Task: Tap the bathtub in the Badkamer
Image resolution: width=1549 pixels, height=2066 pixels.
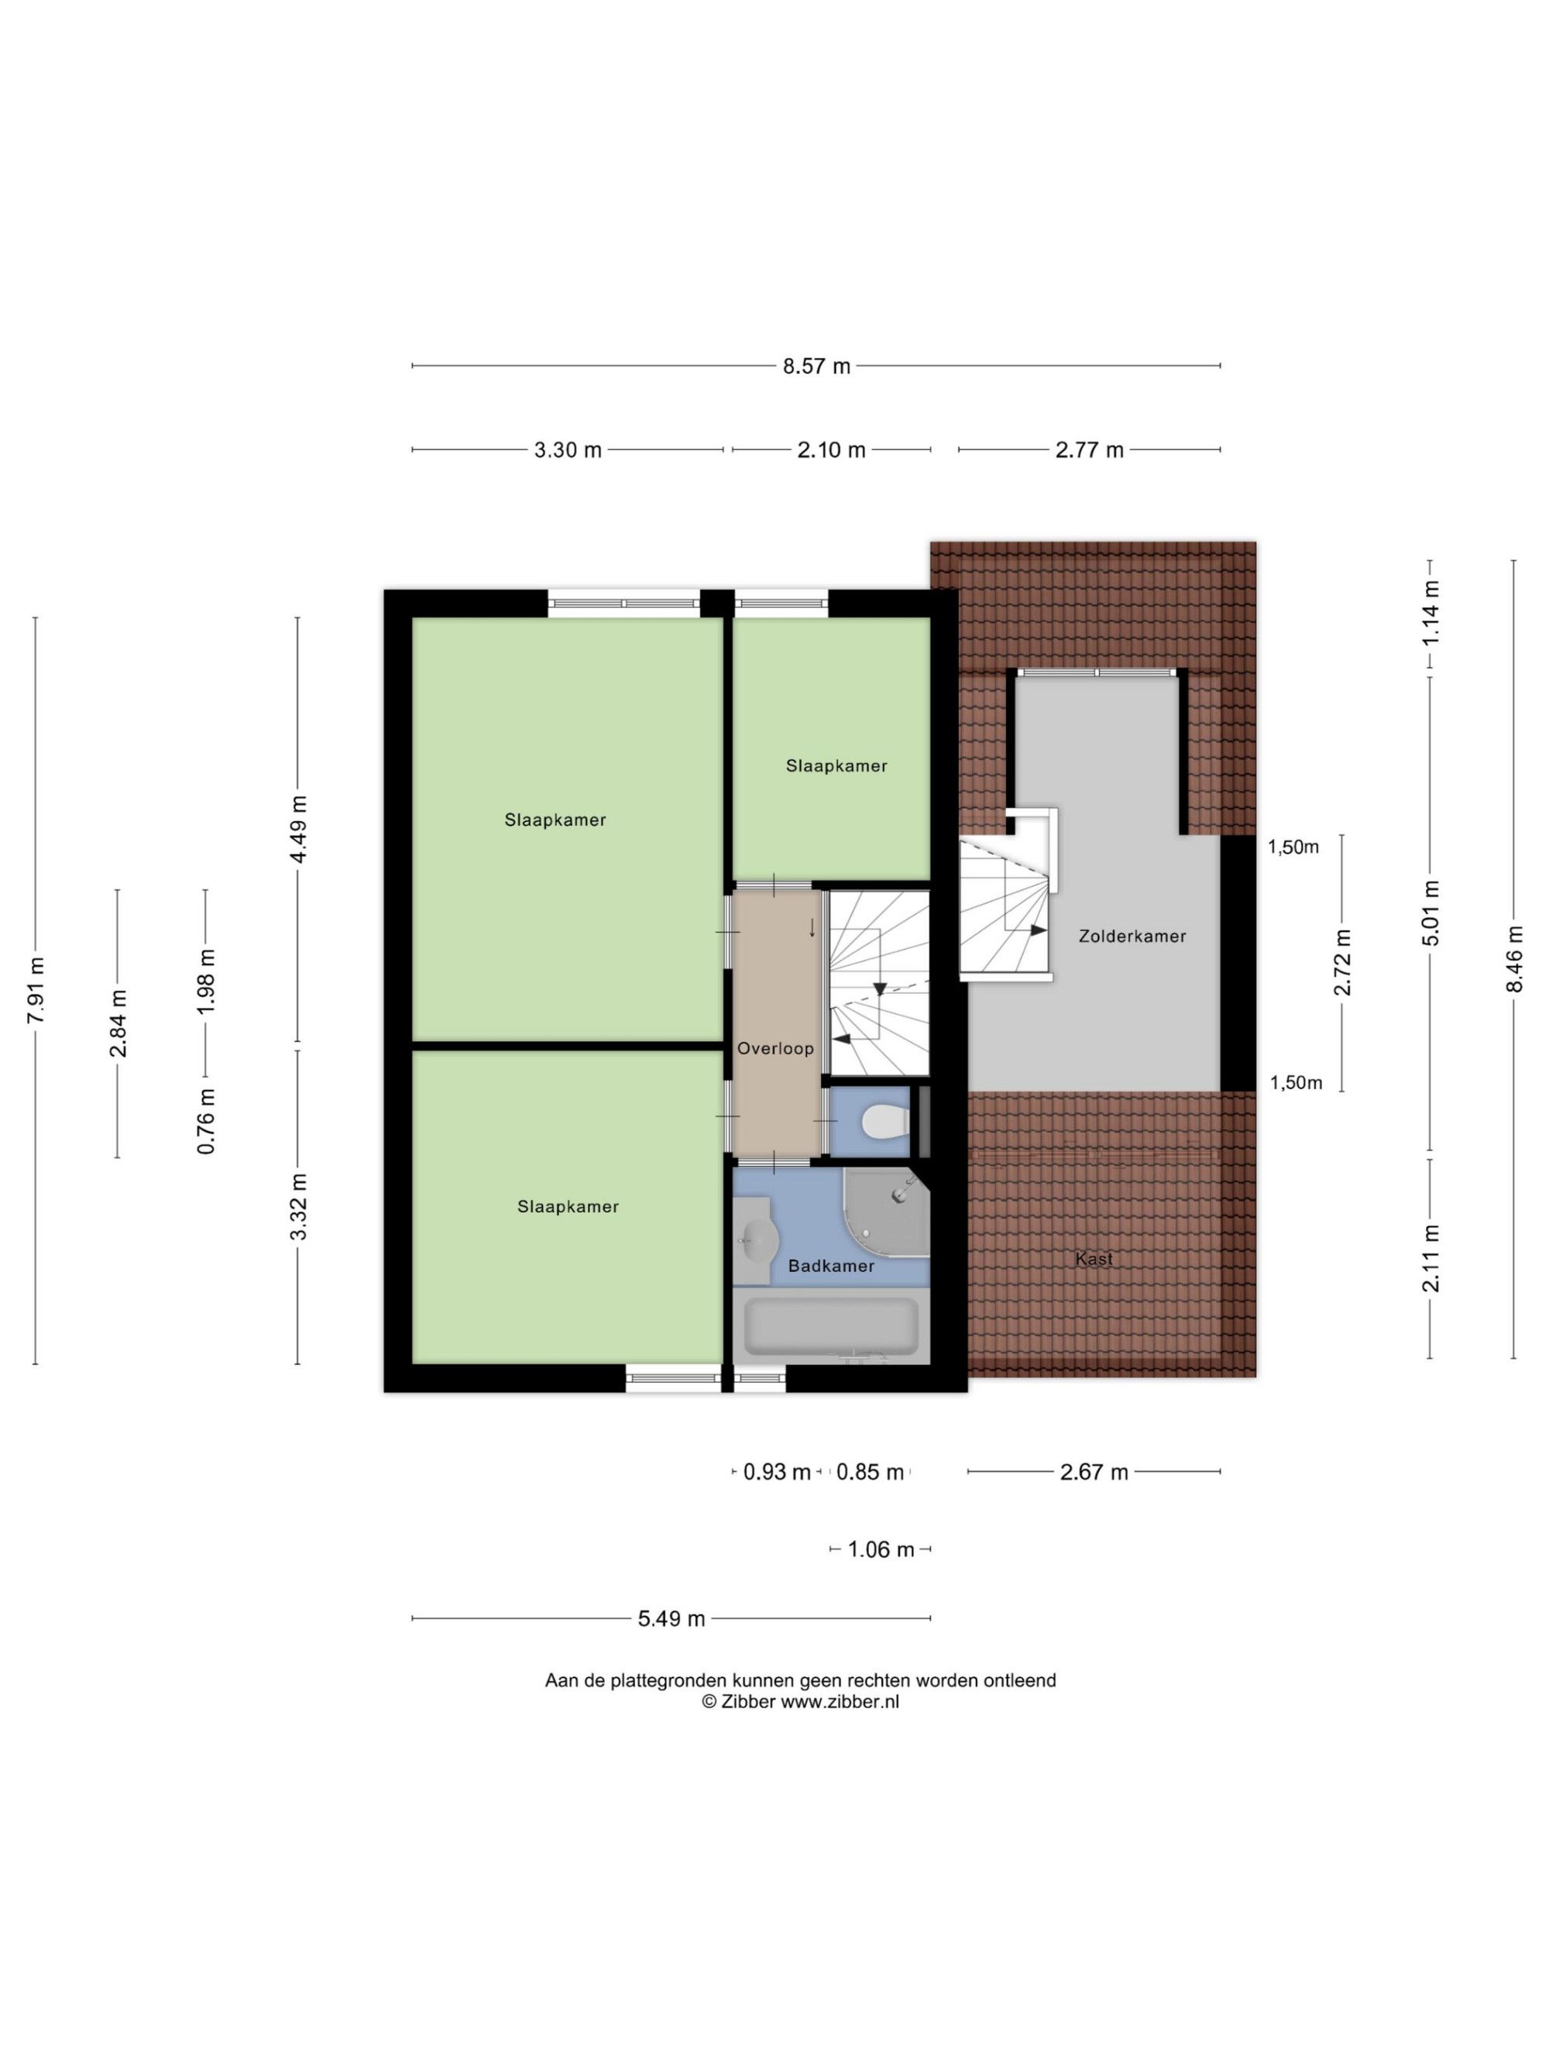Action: (x=830, y=1325)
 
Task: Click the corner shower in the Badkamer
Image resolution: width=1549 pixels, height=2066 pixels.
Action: (x=886, y=1213)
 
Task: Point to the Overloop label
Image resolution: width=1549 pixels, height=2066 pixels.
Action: (x=775, y=1048)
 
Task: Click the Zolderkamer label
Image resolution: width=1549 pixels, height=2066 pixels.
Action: (x=1132, y=936)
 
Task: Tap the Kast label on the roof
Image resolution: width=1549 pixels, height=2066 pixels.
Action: (x=1094, y=1259)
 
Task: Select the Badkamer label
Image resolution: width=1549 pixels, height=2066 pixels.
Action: (x=831, y=1266)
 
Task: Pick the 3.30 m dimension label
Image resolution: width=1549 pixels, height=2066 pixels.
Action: (x=568, y=450)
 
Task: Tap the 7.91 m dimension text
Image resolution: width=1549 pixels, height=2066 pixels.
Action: (x=36, y=990)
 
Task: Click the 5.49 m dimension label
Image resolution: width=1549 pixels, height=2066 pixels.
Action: (x=671, y=1618)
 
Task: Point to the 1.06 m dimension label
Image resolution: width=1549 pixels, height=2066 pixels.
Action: (x=881, y=1549)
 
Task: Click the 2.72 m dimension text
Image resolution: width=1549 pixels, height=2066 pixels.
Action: (x=1343, y=963)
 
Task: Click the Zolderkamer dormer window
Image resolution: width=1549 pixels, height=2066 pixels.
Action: (x=1096, y=672)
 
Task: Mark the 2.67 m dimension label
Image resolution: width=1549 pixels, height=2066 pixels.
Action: (x=1094, y=1472)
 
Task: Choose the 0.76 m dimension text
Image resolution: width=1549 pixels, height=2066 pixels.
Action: (x=205, y=1121)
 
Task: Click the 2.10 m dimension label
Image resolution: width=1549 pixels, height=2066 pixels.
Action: (x=831, y=450)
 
